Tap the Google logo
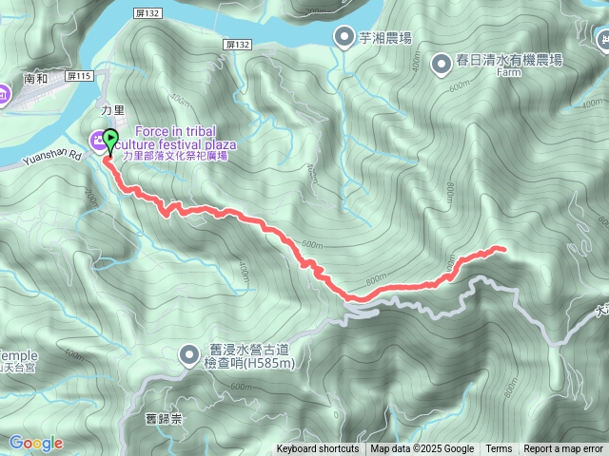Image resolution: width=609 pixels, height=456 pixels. click(x=36, y=443)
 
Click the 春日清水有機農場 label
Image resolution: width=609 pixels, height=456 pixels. click(x=509, y=60)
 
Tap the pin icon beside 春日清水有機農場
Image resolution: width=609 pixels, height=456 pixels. click(x=442, y=64)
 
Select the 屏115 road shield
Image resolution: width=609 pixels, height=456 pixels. click(x=79, y=76)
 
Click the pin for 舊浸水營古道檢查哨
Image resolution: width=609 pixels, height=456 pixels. click(x=188, y=355)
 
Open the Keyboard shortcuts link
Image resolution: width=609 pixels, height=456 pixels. click(x=318, y=449)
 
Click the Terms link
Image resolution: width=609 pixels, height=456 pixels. click(x=499, y=449)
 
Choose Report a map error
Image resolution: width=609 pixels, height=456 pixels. click(x=563, y=449)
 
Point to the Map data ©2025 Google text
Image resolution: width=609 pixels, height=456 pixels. click(x=422, y=449)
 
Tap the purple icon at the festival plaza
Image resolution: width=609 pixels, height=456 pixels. click(x=96, y=142)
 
